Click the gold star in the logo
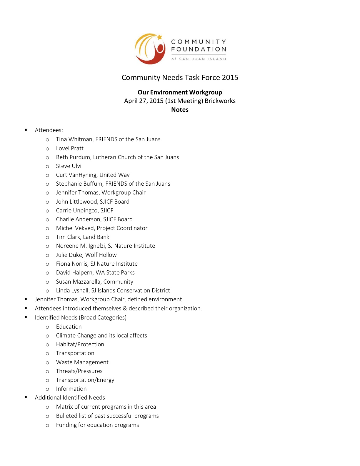pos(159,37)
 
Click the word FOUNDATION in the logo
pos(199,49)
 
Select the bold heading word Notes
pos(180,110)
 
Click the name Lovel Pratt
pos(70,149)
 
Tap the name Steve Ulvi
pos(69,166)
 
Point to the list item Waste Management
pos(82,362)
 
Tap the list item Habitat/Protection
pos(80,344)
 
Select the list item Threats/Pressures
pos(79,371)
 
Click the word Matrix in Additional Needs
pos(64,407)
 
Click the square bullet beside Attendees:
pos(26,130)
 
